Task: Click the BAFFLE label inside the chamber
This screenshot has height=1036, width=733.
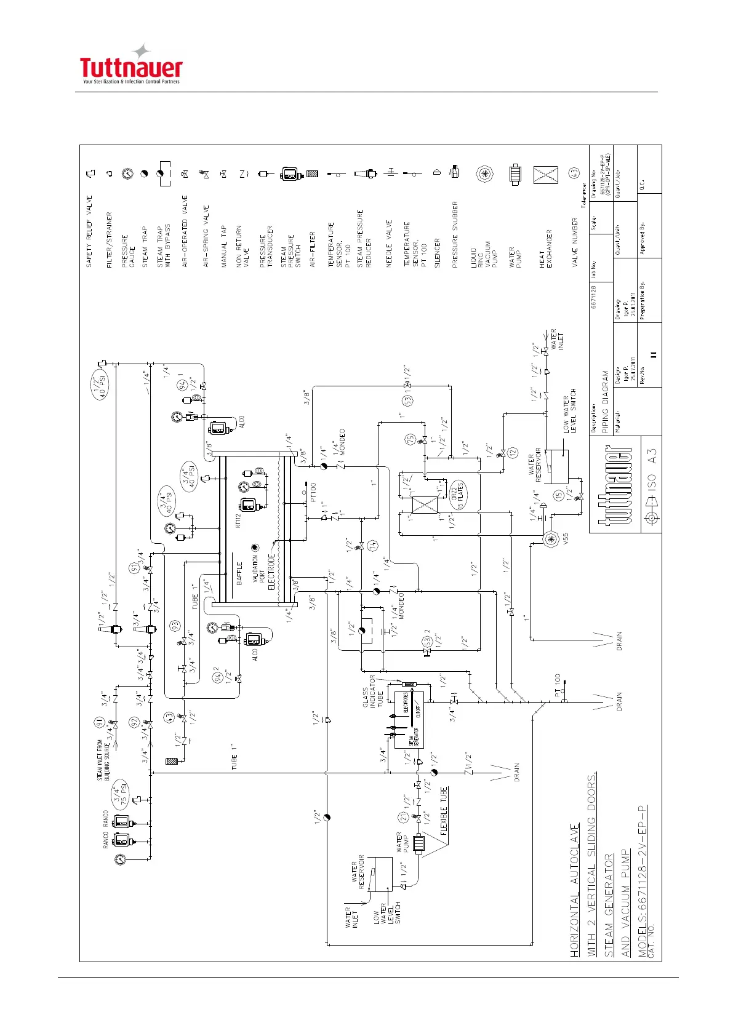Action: pos(239,573)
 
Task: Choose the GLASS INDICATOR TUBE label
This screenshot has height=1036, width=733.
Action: pos(372,698)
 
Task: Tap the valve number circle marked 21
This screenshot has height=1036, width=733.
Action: pos(403,818)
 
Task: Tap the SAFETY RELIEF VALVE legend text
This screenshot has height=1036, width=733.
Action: pos(89,231)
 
